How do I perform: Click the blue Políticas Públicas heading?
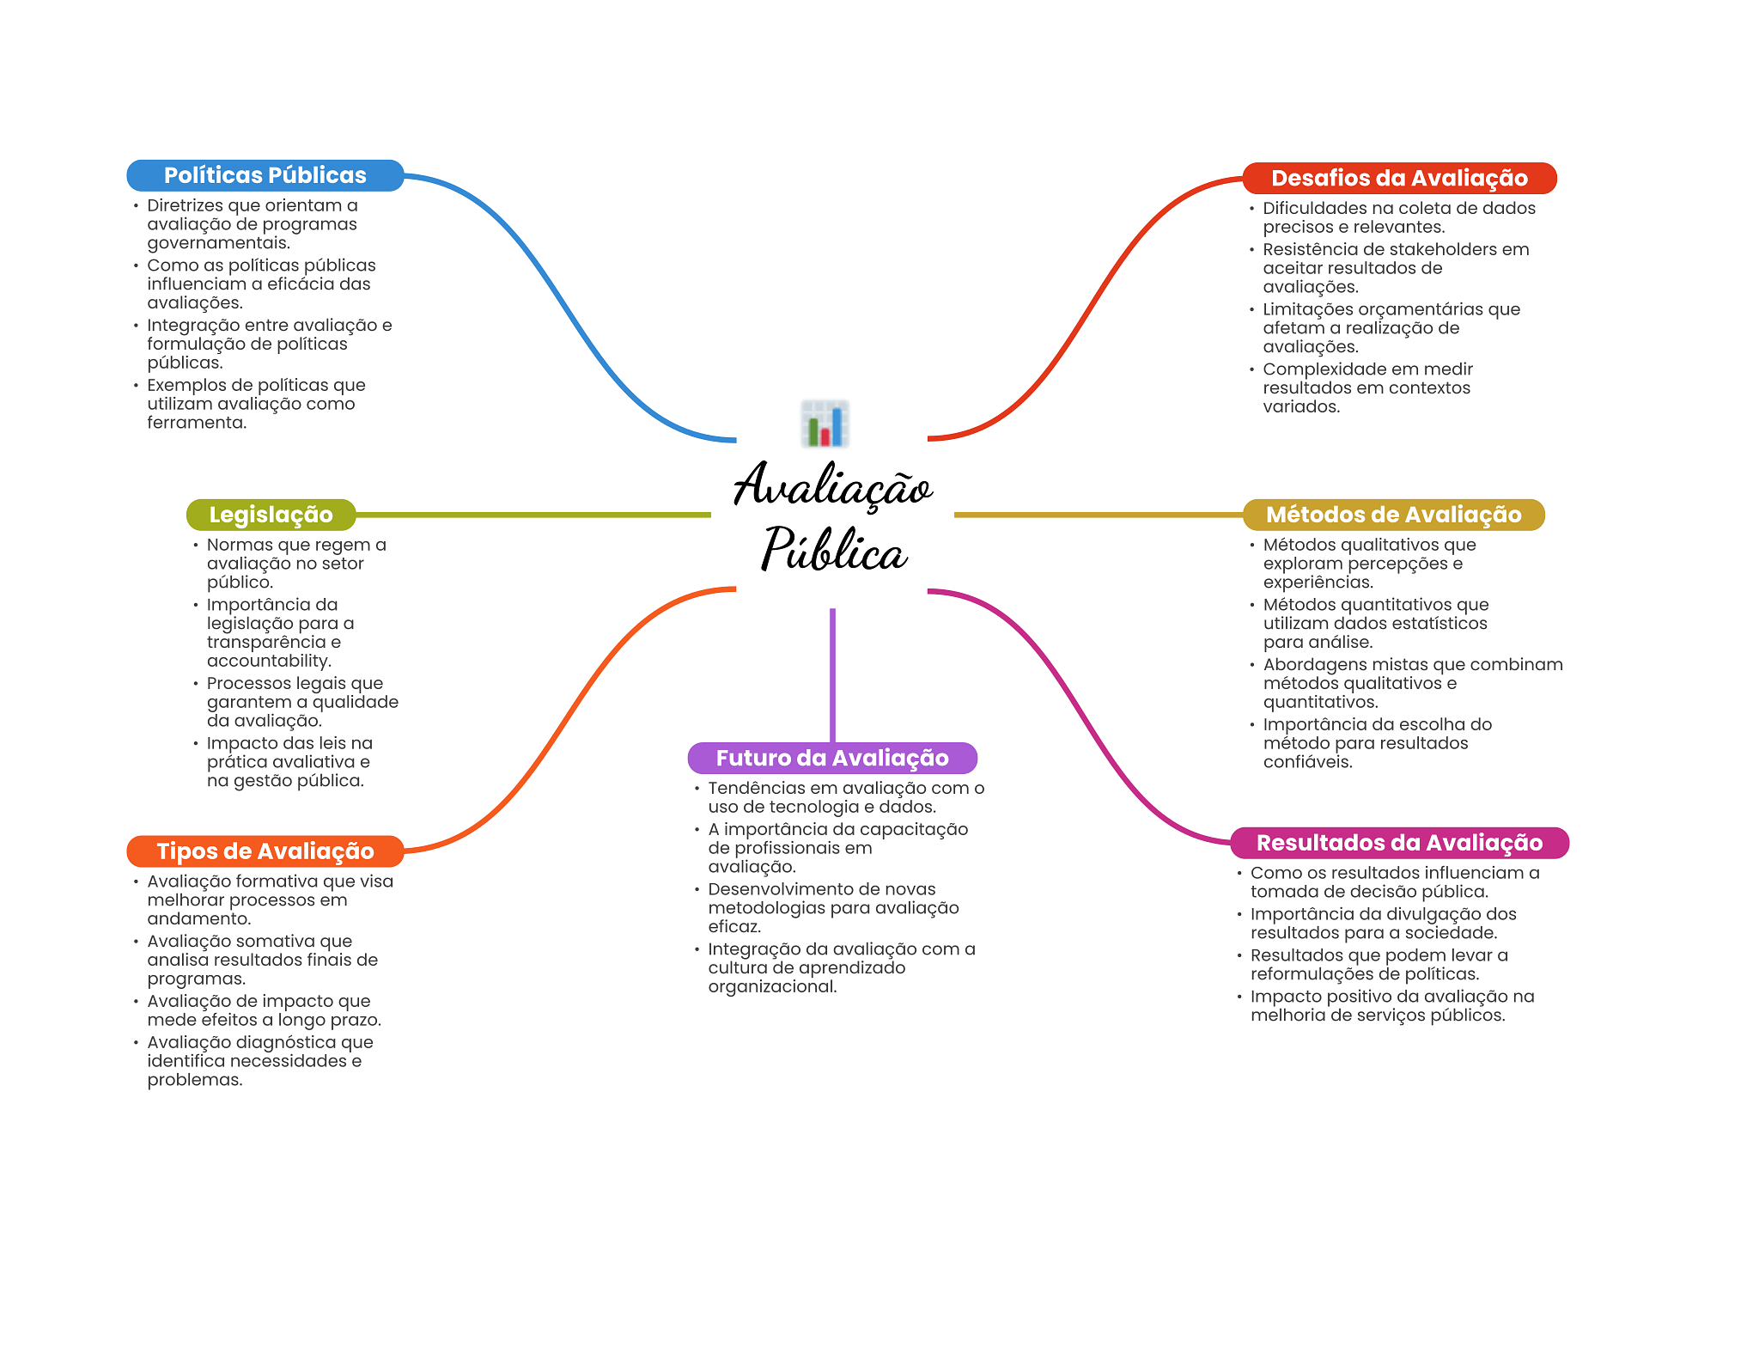[x=265, y=175]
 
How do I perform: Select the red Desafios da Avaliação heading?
[x=1399, y=178]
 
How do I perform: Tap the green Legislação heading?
[x=271, y=515]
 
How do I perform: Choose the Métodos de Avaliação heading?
[x=1393, y=515]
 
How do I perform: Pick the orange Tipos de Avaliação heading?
[x=265, y=851]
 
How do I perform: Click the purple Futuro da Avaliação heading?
[x=832, y=758]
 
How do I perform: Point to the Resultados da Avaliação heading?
[x=1399, y=843]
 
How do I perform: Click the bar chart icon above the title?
[x=825, y=424]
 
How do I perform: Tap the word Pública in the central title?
[x=833, y=550]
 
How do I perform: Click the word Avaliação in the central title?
[x=832, y=486]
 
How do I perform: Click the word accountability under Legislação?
[x=268, y=661]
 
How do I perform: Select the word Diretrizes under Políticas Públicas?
[x=185, y=205]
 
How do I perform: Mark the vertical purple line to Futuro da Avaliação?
[x=832, y=674]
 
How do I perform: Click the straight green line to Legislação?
[x=533, y=515]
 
